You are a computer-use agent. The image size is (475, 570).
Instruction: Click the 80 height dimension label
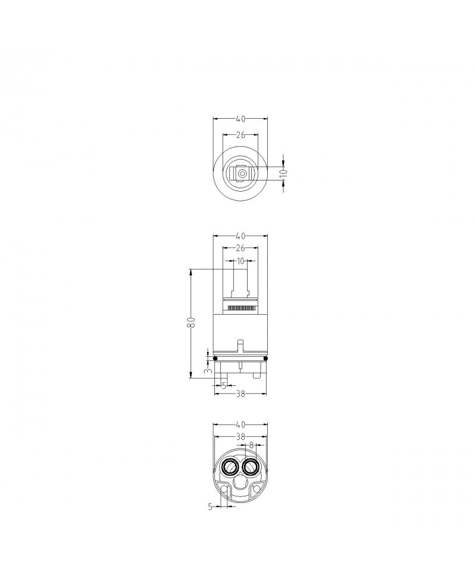tap(192, 322)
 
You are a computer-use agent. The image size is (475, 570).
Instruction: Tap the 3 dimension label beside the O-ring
tap(208, 370)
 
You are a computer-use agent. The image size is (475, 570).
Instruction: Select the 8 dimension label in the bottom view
tap(251, 445)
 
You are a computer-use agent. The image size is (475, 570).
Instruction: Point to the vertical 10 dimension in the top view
tap(284, 172)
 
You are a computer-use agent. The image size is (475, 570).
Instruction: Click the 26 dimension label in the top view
tap(240, 135)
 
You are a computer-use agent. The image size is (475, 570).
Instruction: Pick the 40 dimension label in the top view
tap(240, 119)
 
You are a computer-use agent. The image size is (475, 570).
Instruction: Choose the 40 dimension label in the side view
tap(240, 236)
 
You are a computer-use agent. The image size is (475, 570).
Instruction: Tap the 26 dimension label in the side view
tap(240, 248)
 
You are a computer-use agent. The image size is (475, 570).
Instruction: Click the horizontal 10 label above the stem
tap(240, 261)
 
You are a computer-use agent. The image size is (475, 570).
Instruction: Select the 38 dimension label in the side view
tap(240, 394)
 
